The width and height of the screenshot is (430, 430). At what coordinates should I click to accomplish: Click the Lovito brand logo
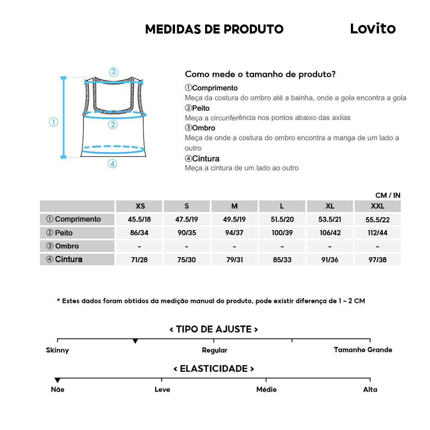[372, 28]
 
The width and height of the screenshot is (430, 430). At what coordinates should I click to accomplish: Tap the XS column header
[140, 206]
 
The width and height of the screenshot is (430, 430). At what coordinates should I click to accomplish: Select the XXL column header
[378, 206]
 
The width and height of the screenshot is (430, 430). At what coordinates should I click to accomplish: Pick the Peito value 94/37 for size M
[234, 233]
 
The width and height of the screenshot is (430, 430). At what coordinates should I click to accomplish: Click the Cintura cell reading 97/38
[378, 260]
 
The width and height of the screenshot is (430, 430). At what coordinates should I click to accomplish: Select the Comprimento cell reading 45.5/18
[139, 219]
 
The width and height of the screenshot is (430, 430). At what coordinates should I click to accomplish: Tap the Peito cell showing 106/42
[330, 233]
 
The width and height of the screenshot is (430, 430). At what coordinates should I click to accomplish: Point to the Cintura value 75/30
[187, 260]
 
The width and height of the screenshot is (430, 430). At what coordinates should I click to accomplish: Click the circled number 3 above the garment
[114, 72]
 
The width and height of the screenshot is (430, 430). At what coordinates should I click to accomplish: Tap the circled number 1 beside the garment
[53, 122]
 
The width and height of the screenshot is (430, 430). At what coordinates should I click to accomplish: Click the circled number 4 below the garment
[112, 163]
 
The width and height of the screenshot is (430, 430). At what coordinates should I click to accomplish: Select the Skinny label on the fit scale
[57, 350]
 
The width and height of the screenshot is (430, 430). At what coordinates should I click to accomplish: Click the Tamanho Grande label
[363, 350]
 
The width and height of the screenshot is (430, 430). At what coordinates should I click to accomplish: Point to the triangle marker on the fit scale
[135, 341]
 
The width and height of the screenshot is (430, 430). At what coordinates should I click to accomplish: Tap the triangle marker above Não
[57, 380]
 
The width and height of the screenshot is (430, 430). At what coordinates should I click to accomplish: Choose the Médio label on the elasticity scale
[266, 390]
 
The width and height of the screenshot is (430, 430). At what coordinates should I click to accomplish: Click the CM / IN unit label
[387, 195]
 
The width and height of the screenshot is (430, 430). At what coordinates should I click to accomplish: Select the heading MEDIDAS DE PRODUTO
[214, 29]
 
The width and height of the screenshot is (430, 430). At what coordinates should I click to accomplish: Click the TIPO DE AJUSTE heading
[214, 329]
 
